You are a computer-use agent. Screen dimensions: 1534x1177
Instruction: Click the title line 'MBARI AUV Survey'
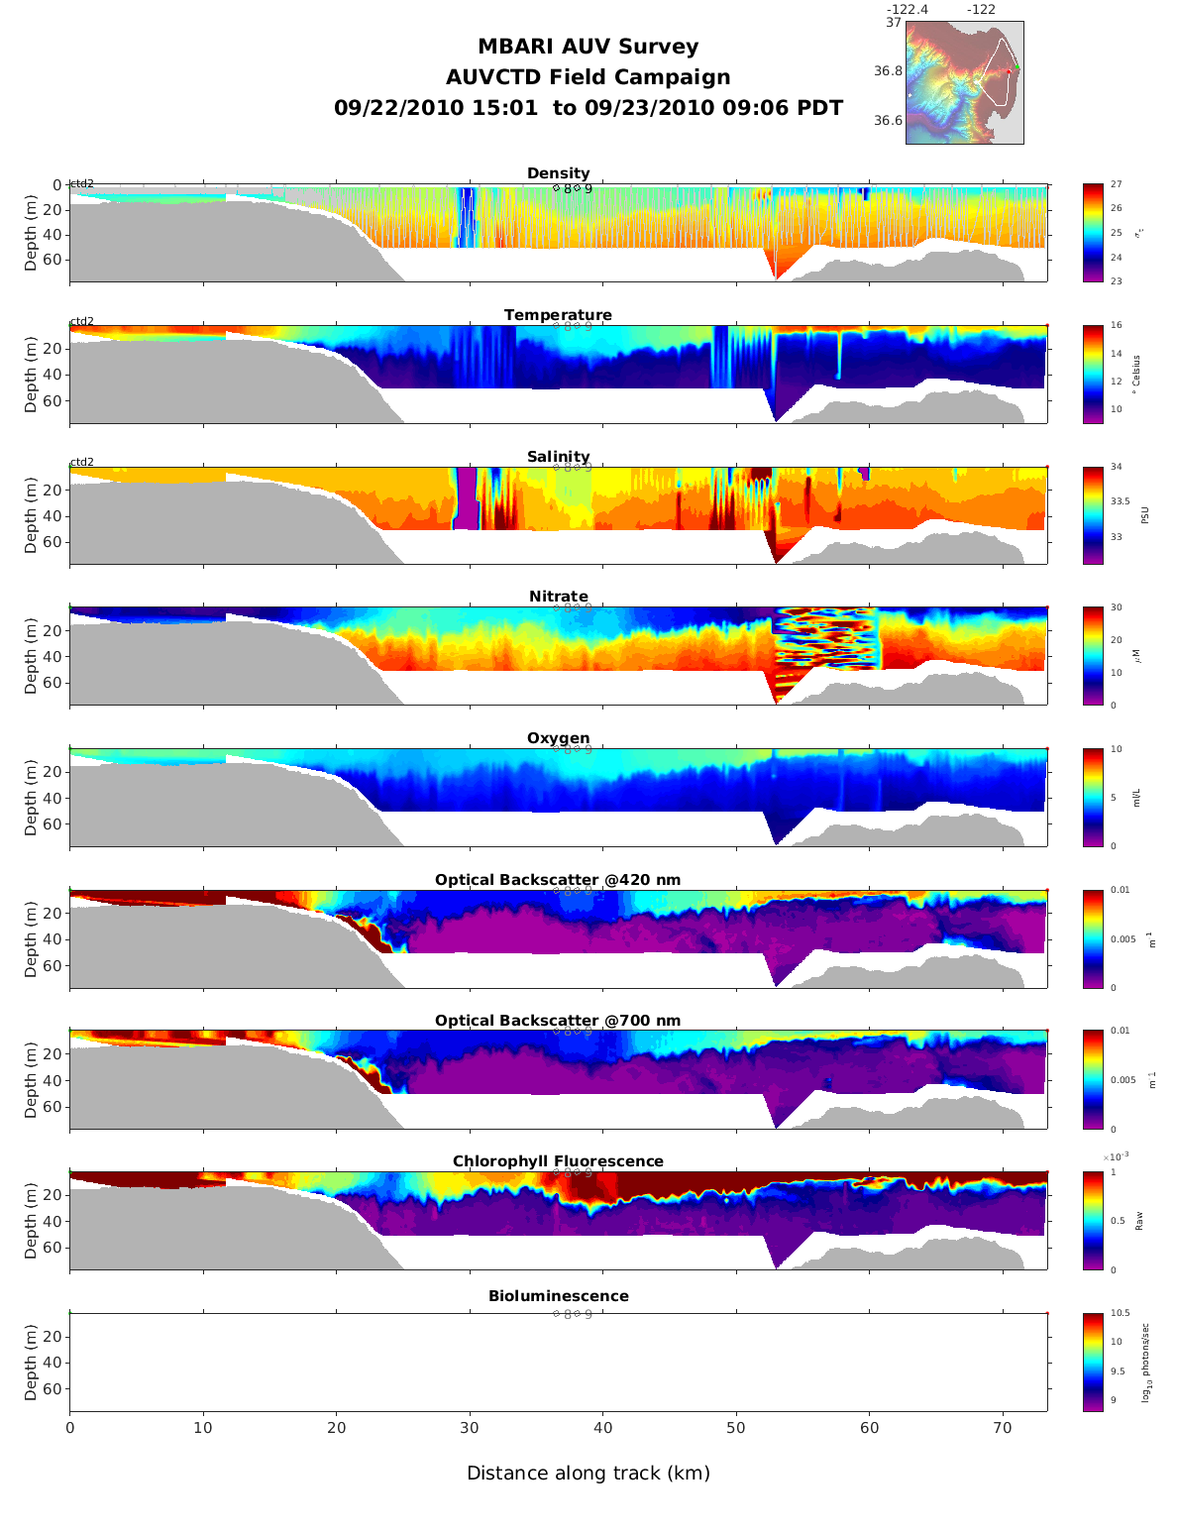tap(588, 47)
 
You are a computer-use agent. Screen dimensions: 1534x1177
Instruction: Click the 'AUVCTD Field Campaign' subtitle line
tap(588, 77)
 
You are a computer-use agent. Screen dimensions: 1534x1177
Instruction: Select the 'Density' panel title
tap(558, 173)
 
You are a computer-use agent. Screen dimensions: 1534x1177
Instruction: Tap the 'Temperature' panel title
tap(558, 315)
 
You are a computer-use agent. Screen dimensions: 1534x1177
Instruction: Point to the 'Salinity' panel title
tap(558, 457)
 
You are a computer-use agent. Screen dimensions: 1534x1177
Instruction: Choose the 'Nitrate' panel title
tap(558, 597)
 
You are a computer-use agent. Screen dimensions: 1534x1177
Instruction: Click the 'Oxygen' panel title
tap(558, 738)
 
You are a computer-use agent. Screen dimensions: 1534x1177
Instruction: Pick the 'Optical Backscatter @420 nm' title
tap(558, 880)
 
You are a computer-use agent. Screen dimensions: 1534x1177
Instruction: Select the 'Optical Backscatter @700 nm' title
tap(558, 1021)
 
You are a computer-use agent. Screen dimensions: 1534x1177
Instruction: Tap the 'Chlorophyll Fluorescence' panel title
tap(558, 1161)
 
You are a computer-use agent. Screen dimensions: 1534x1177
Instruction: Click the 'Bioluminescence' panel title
tap(558, 1296)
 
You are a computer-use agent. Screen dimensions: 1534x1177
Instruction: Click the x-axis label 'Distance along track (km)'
tap(588, 1474)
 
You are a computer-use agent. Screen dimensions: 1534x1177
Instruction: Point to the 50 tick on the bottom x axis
tap(736, 1428)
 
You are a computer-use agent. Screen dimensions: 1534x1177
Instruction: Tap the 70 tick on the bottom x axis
tap(1003, 1428)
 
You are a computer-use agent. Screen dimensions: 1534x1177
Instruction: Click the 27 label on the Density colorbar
tap(1117, 184)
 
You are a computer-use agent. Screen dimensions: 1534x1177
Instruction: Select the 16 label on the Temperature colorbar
tap(1117, 326)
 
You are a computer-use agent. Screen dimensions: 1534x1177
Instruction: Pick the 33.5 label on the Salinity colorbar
tap(1121, 501)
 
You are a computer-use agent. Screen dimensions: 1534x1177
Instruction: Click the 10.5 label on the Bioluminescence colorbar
tap(1121, 1314)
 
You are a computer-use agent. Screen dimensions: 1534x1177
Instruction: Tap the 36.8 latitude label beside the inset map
tap(888, 71)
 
